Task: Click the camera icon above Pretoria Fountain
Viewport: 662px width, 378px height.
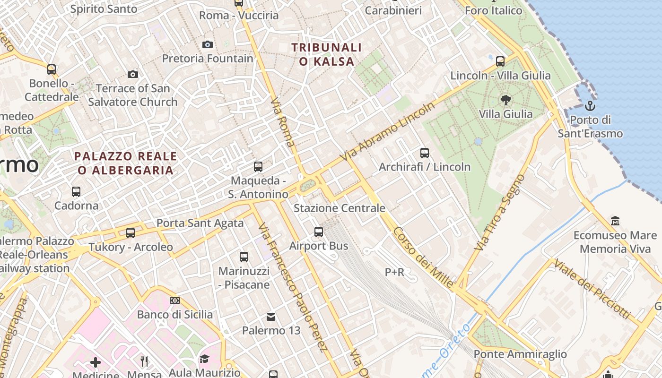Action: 207,45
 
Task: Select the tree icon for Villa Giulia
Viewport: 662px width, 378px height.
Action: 505,100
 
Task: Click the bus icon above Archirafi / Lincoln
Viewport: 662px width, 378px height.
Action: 425,153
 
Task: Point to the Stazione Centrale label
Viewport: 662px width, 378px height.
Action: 340,208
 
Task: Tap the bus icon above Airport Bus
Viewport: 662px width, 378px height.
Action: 319,232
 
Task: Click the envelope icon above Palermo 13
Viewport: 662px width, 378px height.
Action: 271,317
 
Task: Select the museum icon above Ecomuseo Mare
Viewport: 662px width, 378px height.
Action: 615,221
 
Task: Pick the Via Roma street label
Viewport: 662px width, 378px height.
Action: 283,122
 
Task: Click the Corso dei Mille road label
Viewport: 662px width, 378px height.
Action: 423,258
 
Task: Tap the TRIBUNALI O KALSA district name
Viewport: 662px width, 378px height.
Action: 327,54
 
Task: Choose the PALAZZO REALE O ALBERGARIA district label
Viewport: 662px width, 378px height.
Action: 126,163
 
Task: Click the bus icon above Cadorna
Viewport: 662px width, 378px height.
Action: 76,192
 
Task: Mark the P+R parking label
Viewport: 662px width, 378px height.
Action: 394,272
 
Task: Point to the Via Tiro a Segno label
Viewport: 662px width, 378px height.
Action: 500,213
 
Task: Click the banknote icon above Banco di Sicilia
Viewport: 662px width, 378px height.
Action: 175,301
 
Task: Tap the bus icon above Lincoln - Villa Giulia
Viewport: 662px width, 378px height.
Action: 500,61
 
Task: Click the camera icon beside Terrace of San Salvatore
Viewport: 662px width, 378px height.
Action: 133,74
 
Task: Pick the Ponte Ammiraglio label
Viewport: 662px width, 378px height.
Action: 520,354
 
